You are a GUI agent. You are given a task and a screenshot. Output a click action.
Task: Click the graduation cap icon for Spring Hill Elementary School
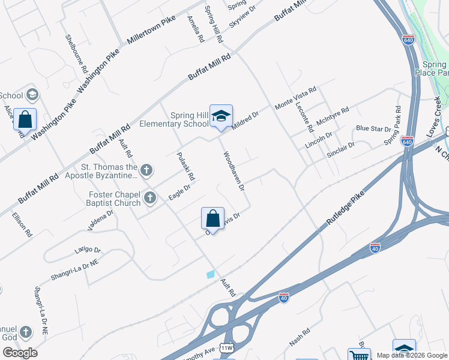tap(221, 116)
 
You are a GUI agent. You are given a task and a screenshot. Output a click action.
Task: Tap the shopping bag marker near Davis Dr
tap(212, 218)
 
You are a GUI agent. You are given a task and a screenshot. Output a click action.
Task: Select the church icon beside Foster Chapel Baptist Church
tap(150, 197)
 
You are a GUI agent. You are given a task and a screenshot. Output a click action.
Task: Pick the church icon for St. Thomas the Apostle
tap(147, 170)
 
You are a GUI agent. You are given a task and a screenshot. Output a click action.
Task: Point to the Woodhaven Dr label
tap(234, 171)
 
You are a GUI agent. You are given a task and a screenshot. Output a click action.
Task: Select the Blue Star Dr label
tap(373, 128)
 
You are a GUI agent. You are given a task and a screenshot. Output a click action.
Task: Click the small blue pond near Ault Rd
tap(210, 274)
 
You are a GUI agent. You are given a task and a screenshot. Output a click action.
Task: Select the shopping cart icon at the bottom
tap(359, 355)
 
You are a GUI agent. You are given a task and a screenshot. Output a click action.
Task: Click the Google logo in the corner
tap(20, 353)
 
